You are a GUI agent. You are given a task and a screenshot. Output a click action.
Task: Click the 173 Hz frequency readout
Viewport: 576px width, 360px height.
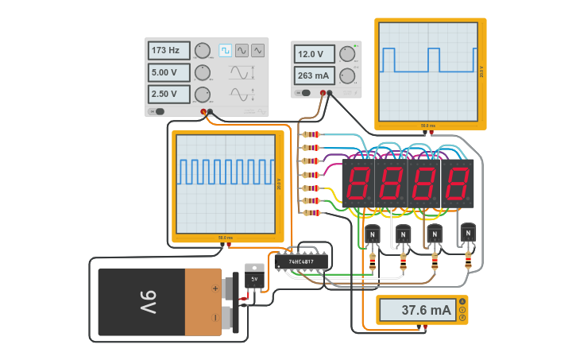168,51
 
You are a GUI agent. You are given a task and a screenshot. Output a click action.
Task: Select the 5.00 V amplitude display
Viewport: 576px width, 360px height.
168,72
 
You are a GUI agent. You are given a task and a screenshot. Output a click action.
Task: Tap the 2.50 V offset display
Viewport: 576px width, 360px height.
168,94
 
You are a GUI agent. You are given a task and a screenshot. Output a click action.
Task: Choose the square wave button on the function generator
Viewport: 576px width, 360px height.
226,51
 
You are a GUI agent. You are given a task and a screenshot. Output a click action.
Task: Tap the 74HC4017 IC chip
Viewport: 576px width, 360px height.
301,261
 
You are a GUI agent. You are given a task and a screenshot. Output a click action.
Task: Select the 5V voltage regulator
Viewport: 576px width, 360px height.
254,279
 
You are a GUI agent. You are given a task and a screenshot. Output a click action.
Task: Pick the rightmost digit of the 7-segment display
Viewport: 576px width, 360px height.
458,184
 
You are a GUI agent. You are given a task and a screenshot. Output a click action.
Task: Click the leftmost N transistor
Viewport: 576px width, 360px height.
373,234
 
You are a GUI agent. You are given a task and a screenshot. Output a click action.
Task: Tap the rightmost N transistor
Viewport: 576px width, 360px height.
468,233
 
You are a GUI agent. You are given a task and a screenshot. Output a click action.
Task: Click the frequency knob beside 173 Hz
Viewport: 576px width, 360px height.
203,51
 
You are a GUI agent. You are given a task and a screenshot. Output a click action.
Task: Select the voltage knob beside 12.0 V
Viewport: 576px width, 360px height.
347,54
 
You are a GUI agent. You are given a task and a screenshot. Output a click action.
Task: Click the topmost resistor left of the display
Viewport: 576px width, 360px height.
311,134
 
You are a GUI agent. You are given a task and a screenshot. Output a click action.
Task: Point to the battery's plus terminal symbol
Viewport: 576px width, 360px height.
214,289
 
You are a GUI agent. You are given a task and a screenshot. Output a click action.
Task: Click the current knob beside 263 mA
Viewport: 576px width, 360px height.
347,75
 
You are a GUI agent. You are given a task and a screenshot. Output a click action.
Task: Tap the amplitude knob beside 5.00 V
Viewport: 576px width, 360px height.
203,72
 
